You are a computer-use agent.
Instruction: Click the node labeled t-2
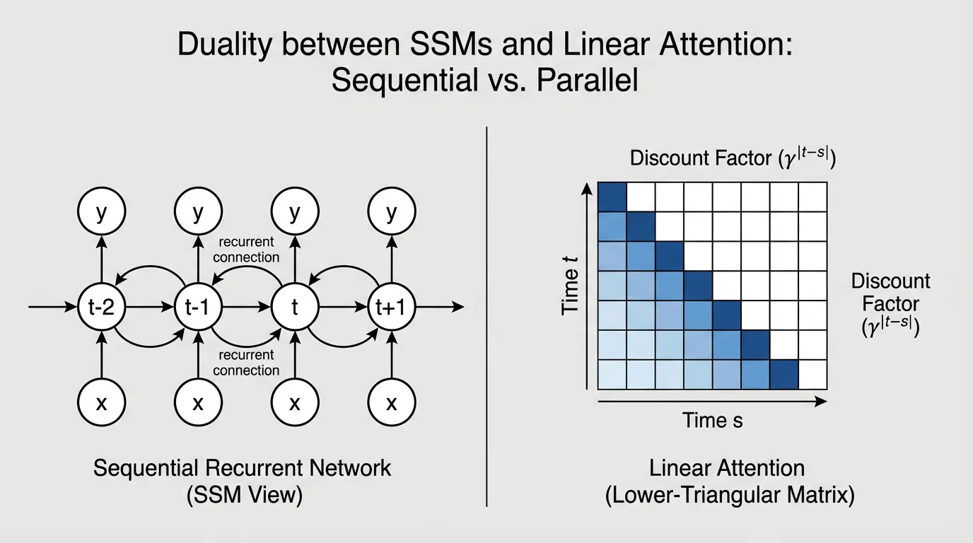(100, 308)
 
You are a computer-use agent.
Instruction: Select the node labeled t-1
(197, 308)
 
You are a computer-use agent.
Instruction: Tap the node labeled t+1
(391, 308)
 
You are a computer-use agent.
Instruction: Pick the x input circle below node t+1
(391, 403)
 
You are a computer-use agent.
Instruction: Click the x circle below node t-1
(197, 403)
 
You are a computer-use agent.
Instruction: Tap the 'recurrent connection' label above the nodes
(246, 250)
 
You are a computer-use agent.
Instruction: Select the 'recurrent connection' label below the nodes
(246, 363)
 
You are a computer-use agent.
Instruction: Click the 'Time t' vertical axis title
(571, 286)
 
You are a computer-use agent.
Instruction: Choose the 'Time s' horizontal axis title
(712, 421)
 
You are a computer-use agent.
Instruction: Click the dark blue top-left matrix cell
(612, 195)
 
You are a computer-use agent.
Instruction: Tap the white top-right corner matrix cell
(812, 195)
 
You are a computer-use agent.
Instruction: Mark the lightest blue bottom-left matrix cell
(612, 375)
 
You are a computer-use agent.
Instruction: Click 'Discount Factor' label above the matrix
(732, 158)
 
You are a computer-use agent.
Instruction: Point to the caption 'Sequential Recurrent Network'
(242, 468)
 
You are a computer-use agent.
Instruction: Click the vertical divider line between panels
(487, 318)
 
